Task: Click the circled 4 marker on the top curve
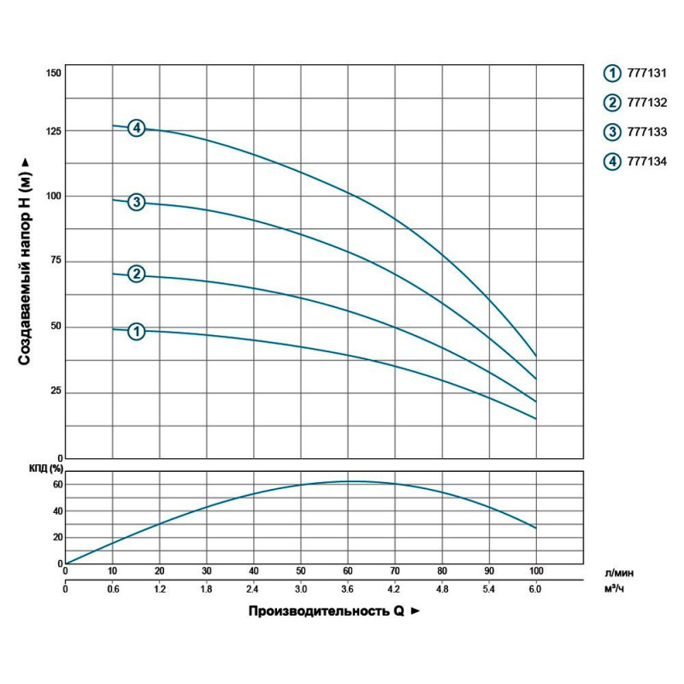coord(136,128)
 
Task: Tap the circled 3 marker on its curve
coord(136,203)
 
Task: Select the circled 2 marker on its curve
coord(136,274)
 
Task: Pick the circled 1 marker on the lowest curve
coord(136,331)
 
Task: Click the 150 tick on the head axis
coord(53,73)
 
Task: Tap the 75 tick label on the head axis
coord(56,261)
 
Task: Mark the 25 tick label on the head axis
coord(56,392)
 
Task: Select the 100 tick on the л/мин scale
coord(536,570)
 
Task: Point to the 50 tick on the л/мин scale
coord(301,570)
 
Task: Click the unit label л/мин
coord(626,572)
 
